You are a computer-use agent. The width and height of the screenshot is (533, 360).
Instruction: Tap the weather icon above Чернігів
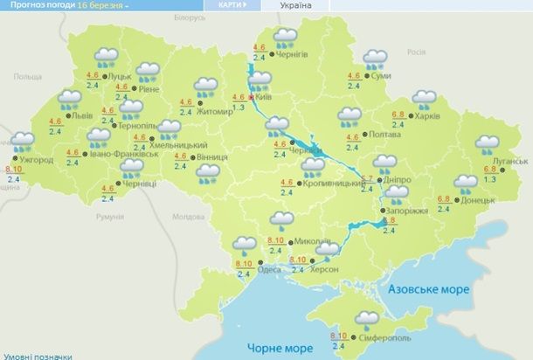point(284,38)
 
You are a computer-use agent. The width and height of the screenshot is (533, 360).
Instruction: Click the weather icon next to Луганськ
point(486,143)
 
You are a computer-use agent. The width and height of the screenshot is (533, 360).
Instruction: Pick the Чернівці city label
point(138,185)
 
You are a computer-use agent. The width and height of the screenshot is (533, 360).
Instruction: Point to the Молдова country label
point(188,216)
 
